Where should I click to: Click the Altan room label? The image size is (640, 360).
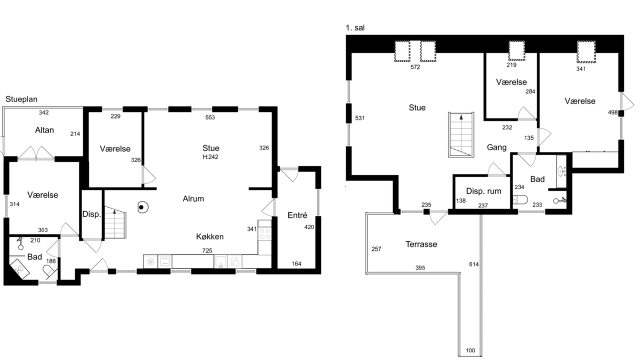(44, 130)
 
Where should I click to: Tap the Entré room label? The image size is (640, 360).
(297, 215)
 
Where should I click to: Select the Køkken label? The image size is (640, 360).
(209, 236)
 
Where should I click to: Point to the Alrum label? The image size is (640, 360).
(193, 198)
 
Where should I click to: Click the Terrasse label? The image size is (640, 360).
(421, 244)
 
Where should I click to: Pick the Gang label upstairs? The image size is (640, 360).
(496, 147)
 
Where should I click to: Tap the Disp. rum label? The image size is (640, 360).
(483, 191)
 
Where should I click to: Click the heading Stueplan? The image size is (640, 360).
(21, 99)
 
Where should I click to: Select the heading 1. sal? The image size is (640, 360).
(355, 28)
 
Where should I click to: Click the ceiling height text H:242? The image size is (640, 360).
(210, 157)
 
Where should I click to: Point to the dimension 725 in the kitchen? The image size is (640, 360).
(207, 250)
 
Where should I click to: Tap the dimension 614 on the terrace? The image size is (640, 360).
(473, 264)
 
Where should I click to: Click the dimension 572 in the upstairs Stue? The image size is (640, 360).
(415, 67)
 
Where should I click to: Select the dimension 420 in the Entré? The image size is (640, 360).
(309, 227)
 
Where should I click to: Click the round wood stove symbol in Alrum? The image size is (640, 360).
(142, 207)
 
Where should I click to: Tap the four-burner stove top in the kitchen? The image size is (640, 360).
(264, 233)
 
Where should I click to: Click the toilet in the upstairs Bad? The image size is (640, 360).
(520, 199)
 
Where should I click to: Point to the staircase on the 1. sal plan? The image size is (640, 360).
(461, 134)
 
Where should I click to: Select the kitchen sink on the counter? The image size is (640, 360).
(220, 261)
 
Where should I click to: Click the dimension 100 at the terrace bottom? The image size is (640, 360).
(470, 350)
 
